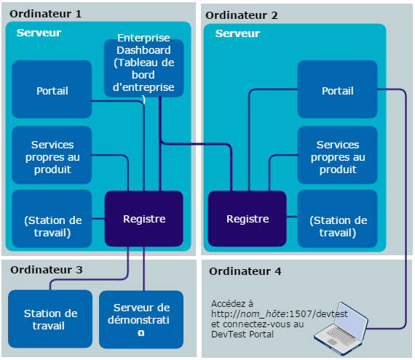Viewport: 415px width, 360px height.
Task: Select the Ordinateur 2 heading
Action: coord(242,15)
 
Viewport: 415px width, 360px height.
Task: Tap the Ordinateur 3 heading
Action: coord(47,270)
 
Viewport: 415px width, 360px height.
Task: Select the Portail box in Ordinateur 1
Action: coord(52,90)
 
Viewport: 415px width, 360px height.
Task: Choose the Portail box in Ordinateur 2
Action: coord(337,90)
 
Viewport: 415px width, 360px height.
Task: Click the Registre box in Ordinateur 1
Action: coord(143,218)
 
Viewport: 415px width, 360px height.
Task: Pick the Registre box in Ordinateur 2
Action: coord(247,218)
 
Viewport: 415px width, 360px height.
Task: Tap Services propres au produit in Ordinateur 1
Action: coord(52,156)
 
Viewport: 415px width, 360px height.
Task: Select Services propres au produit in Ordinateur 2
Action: coord(337,156)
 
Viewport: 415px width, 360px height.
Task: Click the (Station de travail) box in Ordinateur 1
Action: coord(52,226)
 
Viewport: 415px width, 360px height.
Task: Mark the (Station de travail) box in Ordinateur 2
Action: coord(337,226)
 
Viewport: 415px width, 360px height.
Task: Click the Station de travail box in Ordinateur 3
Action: coord(50,319)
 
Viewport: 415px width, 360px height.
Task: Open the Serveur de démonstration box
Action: coord(141,319)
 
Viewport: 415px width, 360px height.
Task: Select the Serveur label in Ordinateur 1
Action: coord(39,33)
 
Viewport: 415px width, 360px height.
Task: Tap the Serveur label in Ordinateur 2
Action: coord(237,33)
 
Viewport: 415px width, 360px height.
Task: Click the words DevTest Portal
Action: coord(243,334)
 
